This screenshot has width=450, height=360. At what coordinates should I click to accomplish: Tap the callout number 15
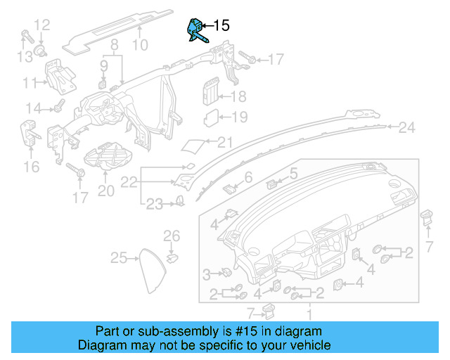pos(220,26)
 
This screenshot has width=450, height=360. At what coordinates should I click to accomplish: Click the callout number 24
pos(407,127)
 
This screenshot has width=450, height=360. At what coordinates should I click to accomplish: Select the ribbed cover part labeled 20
pos(104,155)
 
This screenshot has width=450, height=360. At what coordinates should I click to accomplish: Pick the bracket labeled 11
pos(59,77)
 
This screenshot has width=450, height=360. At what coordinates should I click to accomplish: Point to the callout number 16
pos(31,166)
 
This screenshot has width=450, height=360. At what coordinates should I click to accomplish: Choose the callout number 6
pos(248,177)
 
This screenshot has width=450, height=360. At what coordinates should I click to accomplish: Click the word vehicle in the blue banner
pos(307,345)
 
